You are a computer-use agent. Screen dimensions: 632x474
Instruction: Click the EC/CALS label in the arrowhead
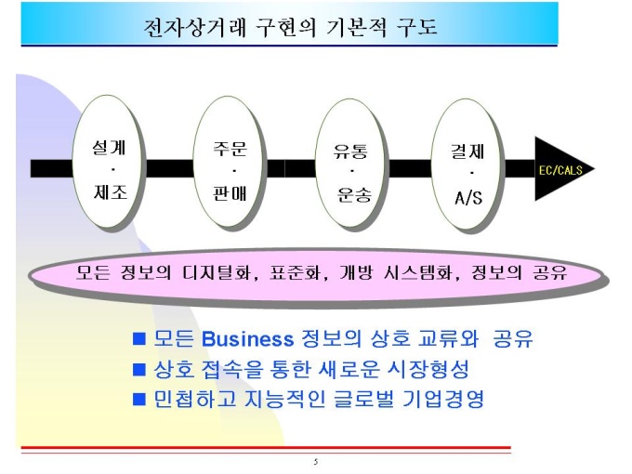(x=560, y=170)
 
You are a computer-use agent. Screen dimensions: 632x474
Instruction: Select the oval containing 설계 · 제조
(x=107, y=162)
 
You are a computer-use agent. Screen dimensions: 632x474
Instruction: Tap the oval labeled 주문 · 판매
(x=228, y=163)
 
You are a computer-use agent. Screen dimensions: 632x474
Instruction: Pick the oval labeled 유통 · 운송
(x=349, y=164)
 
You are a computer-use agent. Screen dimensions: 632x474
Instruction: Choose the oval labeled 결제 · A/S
(x=466, y=164)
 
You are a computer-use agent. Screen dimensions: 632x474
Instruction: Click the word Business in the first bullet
(x=247, y=339)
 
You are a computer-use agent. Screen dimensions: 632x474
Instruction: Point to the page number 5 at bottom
(x=316, y=462)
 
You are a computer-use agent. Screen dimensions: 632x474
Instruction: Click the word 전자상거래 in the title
(x=194, y=27)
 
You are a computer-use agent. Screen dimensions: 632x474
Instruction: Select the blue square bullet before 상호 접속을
(x=139, y=370)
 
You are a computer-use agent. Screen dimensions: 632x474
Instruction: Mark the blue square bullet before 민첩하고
(x=139, y=399)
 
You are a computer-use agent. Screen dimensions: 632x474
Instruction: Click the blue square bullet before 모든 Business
(x=139, y=339)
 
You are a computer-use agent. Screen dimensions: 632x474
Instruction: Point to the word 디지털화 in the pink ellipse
(x=219, y=273)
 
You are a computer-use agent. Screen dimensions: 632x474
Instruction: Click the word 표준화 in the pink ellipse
(x=297, y=273)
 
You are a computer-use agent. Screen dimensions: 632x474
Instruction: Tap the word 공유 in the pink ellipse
(x=550, y=273)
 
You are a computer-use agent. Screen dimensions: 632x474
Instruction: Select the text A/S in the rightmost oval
(x=468, y=198)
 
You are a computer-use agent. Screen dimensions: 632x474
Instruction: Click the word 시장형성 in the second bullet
(x=428, y=369)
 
